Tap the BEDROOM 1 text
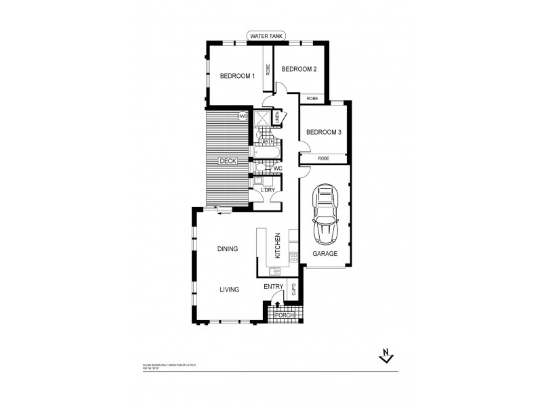pos(237,76)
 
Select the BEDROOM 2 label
pos(299,69)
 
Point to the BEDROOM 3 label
pos(322,133)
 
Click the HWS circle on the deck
pos(243,117)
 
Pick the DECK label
pos(227,161)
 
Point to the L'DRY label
pos(268,190)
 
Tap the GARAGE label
pos(325,253)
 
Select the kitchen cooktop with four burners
pos(293,256)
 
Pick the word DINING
pos(228,249)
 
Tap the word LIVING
pos(230,290)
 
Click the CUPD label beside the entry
pos(293,290)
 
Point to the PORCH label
pos(283,316)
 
